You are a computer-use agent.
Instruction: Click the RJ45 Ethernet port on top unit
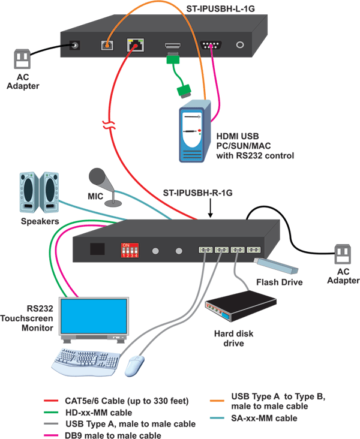pos(134,45)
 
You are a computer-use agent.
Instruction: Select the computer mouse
pos(136,365)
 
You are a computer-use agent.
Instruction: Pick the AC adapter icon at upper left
pos(22,59)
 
